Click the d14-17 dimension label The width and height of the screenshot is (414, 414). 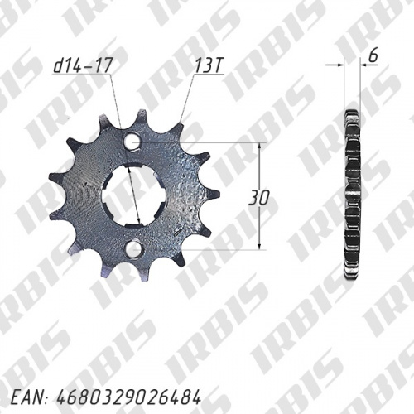tap(82, 66)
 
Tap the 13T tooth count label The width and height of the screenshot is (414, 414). tap(209, 66)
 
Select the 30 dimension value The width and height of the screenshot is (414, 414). tap(259, 198)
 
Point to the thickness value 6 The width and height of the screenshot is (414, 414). tap(373, 56)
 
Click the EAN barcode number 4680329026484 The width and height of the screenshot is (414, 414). tap(128, 397)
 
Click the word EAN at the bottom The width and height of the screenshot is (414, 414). tap(28, 397)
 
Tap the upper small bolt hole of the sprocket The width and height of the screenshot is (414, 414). tap(132, 141)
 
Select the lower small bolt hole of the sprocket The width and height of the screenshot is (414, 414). tap(134, 248)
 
